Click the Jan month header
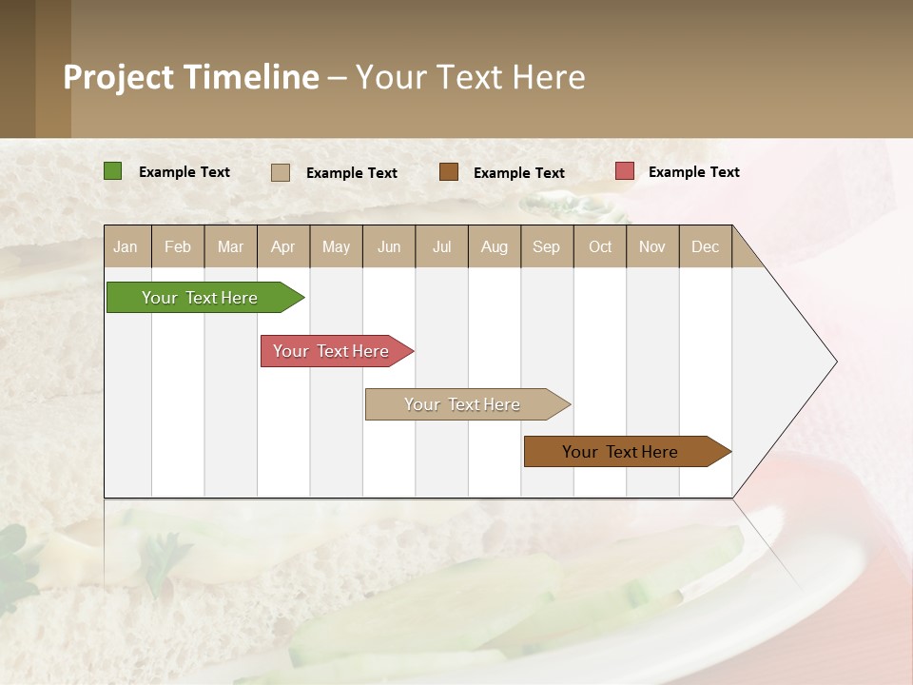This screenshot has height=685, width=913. click(126, 246)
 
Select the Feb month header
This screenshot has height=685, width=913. click(178, 246)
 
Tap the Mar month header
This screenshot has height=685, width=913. click(230, 246)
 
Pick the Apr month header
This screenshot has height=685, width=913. click(283, 246)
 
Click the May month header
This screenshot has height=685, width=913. click(336, 246)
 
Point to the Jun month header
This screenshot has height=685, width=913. click(389, 246)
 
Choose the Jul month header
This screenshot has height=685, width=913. click(441, 246)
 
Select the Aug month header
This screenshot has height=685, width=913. click(495, 246)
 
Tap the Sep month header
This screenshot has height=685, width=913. click(547, 246)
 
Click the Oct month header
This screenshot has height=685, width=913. click(600, 246)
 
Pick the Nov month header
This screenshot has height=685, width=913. click(652, 246)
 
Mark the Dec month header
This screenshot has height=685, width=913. click(705, 246)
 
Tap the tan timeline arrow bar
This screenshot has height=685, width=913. click(463, 404)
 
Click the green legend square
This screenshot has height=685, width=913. click(113, 171)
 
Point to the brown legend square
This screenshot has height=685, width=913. click(449, 171)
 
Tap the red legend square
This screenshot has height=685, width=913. click(624, 171)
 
